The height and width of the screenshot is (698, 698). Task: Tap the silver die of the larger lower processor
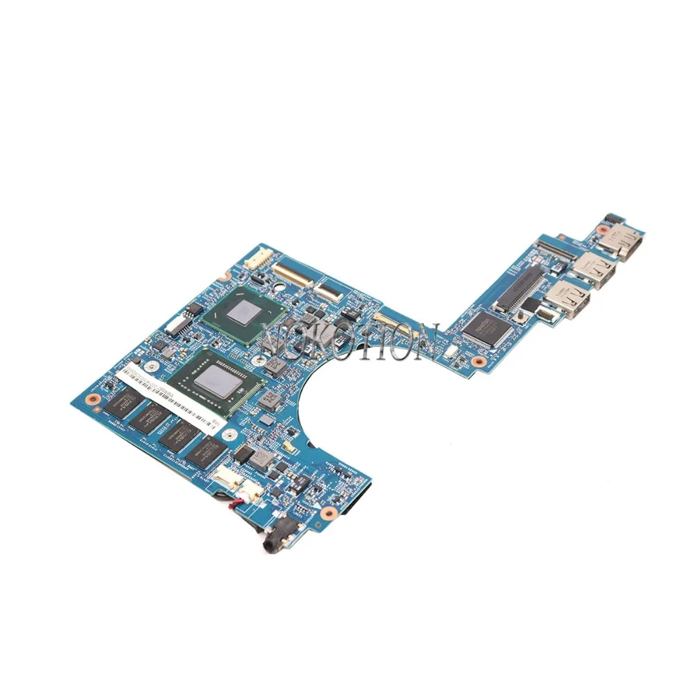tap(214, 380)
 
